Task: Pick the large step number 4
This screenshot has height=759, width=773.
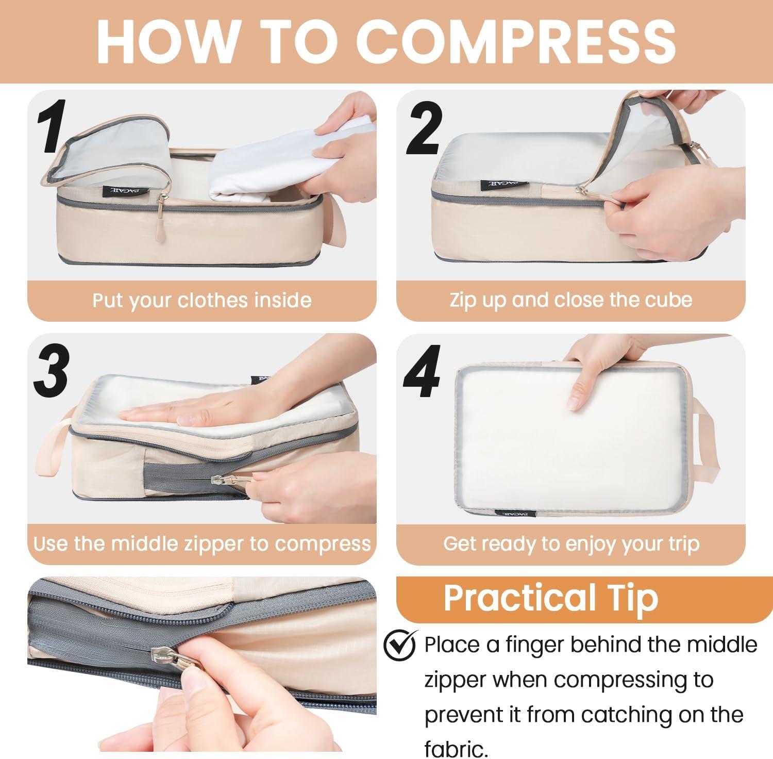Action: tap(422, 372)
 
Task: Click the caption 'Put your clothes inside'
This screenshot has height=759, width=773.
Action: tap(202, 300)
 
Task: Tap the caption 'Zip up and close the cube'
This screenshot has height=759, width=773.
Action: tap(571, 300)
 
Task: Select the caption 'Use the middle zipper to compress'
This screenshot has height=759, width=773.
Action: tap(202, 543)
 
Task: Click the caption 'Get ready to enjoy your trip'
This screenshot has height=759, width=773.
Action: tap(571, 543)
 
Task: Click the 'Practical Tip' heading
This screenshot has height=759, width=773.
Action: tap(551, 598)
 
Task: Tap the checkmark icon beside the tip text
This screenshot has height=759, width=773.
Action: tap(400, 645)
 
